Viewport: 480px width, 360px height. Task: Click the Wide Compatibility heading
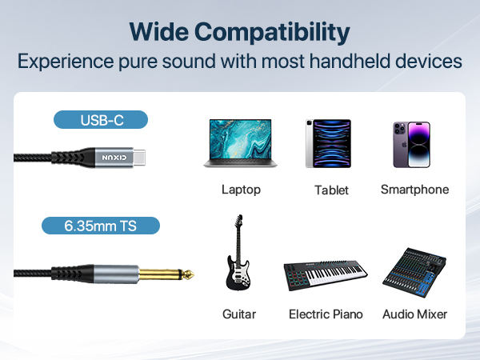pos(240,32)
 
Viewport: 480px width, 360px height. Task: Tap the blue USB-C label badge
pos(102,121)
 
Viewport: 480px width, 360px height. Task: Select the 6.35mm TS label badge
pos(101,226)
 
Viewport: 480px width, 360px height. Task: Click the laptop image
pos(241,144)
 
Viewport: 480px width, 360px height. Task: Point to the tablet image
pos(328,144)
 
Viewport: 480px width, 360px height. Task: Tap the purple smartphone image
pos(411,144)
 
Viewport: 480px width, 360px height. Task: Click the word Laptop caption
pos(241,190)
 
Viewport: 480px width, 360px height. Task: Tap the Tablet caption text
pos(330,190)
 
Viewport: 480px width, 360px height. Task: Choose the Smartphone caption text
pos(414,190)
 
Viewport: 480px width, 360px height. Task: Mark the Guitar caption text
pos(239,314)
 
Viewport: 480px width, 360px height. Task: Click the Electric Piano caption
pos(326,314)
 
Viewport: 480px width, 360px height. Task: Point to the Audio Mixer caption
pos(414,314)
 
